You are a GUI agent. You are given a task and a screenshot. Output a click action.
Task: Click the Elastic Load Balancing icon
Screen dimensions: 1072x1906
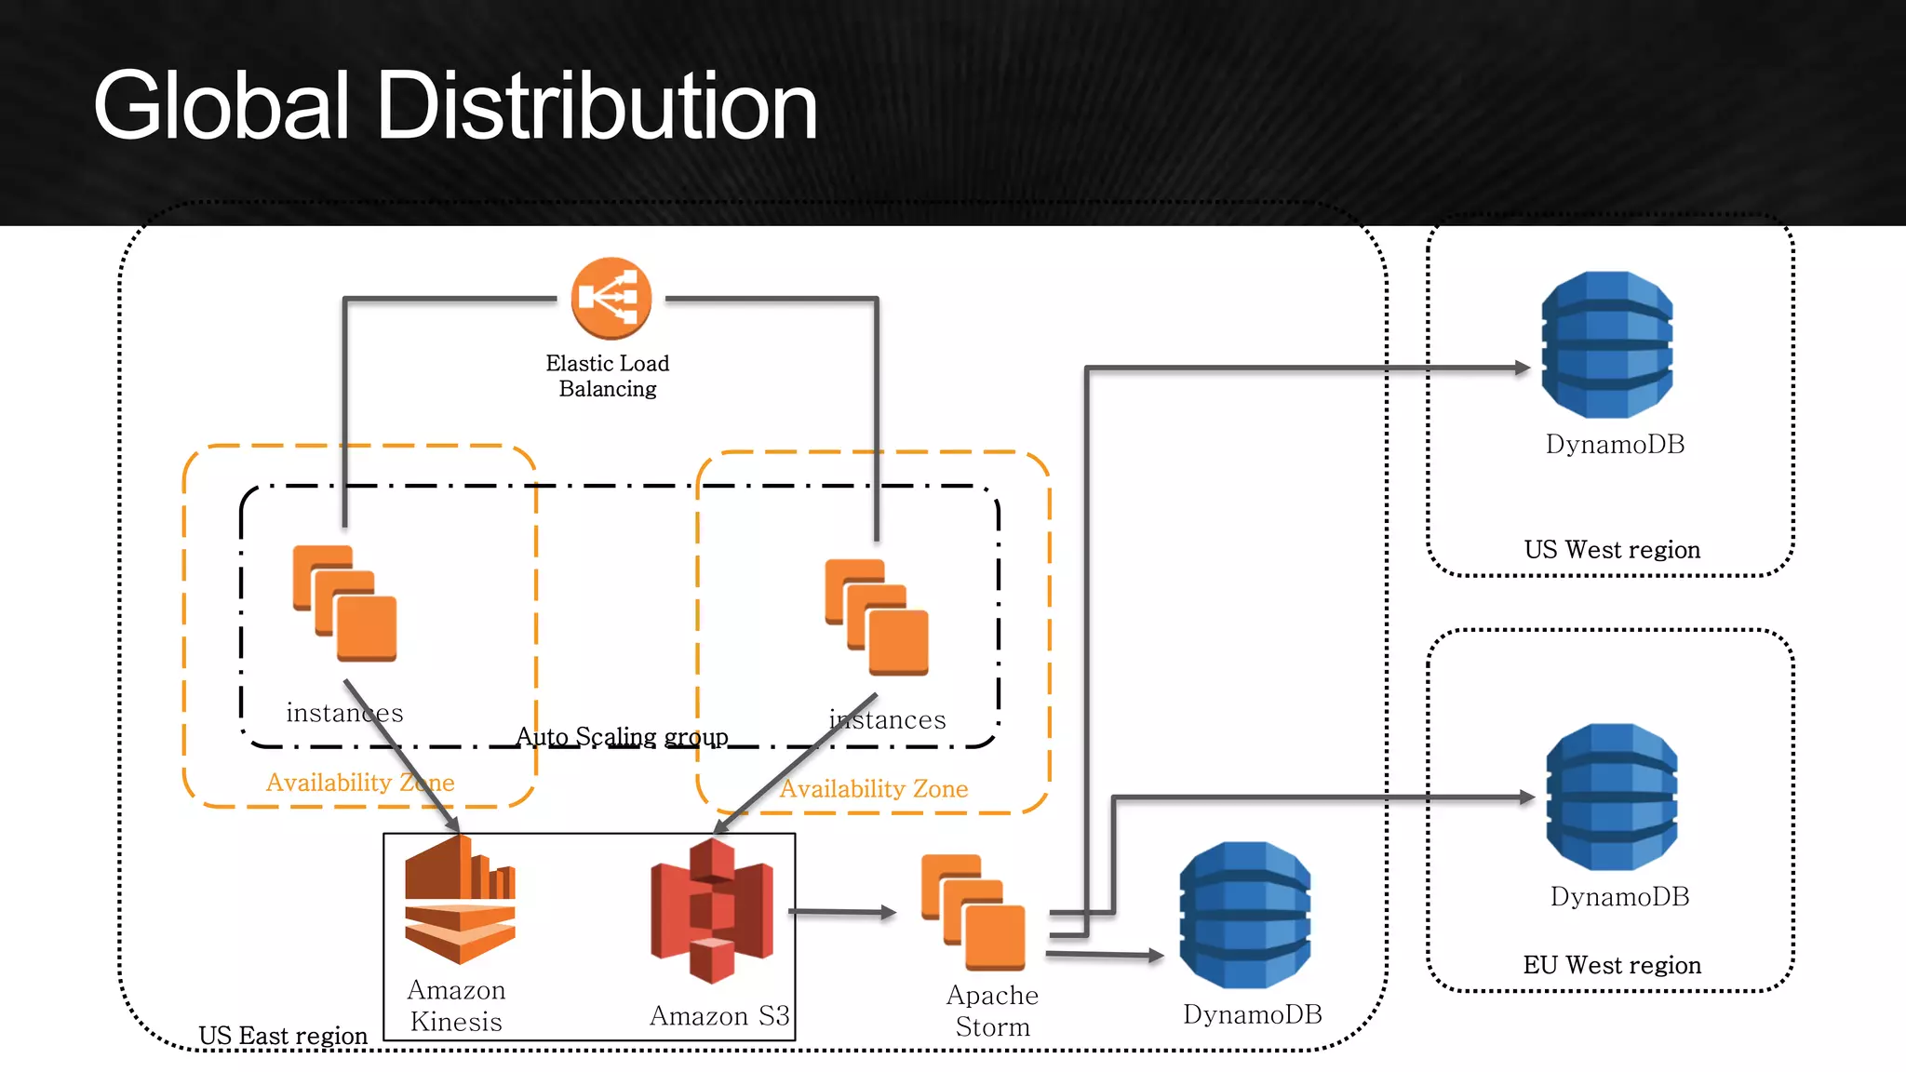611,298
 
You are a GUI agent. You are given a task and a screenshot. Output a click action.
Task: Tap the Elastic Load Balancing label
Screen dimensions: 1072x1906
608,376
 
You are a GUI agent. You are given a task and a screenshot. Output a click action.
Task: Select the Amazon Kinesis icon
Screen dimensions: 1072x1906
460,899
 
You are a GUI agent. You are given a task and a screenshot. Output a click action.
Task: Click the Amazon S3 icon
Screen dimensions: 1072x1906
712,911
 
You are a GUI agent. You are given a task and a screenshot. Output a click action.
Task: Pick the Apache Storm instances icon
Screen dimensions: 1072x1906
973,912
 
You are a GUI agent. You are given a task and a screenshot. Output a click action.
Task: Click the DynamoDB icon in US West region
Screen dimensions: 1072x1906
1607,344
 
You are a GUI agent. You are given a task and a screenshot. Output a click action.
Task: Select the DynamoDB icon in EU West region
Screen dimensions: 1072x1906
1612,797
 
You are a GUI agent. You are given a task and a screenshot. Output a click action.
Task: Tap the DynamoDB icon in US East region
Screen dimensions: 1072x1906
1245,915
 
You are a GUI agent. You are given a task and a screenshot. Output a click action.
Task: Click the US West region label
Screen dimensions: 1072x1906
1612,550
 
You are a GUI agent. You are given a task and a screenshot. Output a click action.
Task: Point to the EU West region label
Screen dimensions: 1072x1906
1612,965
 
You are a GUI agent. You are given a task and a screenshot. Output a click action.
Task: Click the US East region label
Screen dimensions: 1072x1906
283,1036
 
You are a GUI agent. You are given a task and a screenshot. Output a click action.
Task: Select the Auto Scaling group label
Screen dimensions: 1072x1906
622,737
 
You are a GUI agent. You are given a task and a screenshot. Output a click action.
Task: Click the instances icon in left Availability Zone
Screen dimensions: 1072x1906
345,603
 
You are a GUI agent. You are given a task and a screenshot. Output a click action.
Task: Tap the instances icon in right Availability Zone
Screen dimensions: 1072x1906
877,616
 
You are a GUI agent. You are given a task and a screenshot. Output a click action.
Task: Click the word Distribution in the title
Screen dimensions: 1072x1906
597,107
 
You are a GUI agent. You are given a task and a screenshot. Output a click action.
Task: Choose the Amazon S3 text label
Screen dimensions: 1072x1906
719,1015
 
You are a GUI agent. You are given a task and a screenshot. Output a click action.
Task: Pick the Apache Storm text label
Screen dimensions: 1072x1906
992,1011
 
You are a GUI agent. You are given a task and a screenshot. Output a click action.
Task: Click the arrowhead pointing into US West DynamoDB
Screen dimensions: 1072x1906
1523,368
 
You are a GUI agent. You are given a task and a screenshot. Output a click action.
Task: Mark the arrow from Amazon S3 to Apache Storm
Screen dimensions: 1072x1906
842,912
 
